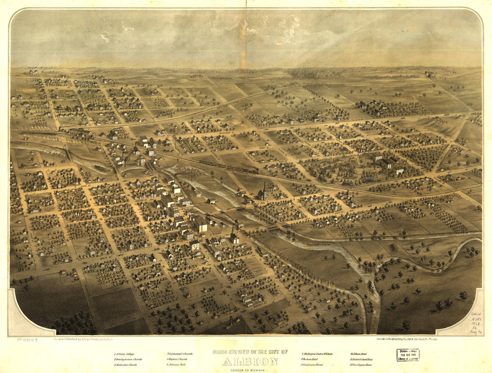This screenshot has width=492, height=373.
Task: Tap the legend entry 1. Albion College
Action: tap(125, 354)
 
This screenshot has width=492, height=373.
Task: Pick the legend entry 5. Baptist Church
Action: tap(177, 359)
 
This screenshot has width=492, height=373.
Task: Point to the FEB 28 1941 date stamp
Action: tap(408, 354)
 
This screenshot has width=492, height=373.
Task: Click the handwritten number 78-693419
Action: tap(27, 340)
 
